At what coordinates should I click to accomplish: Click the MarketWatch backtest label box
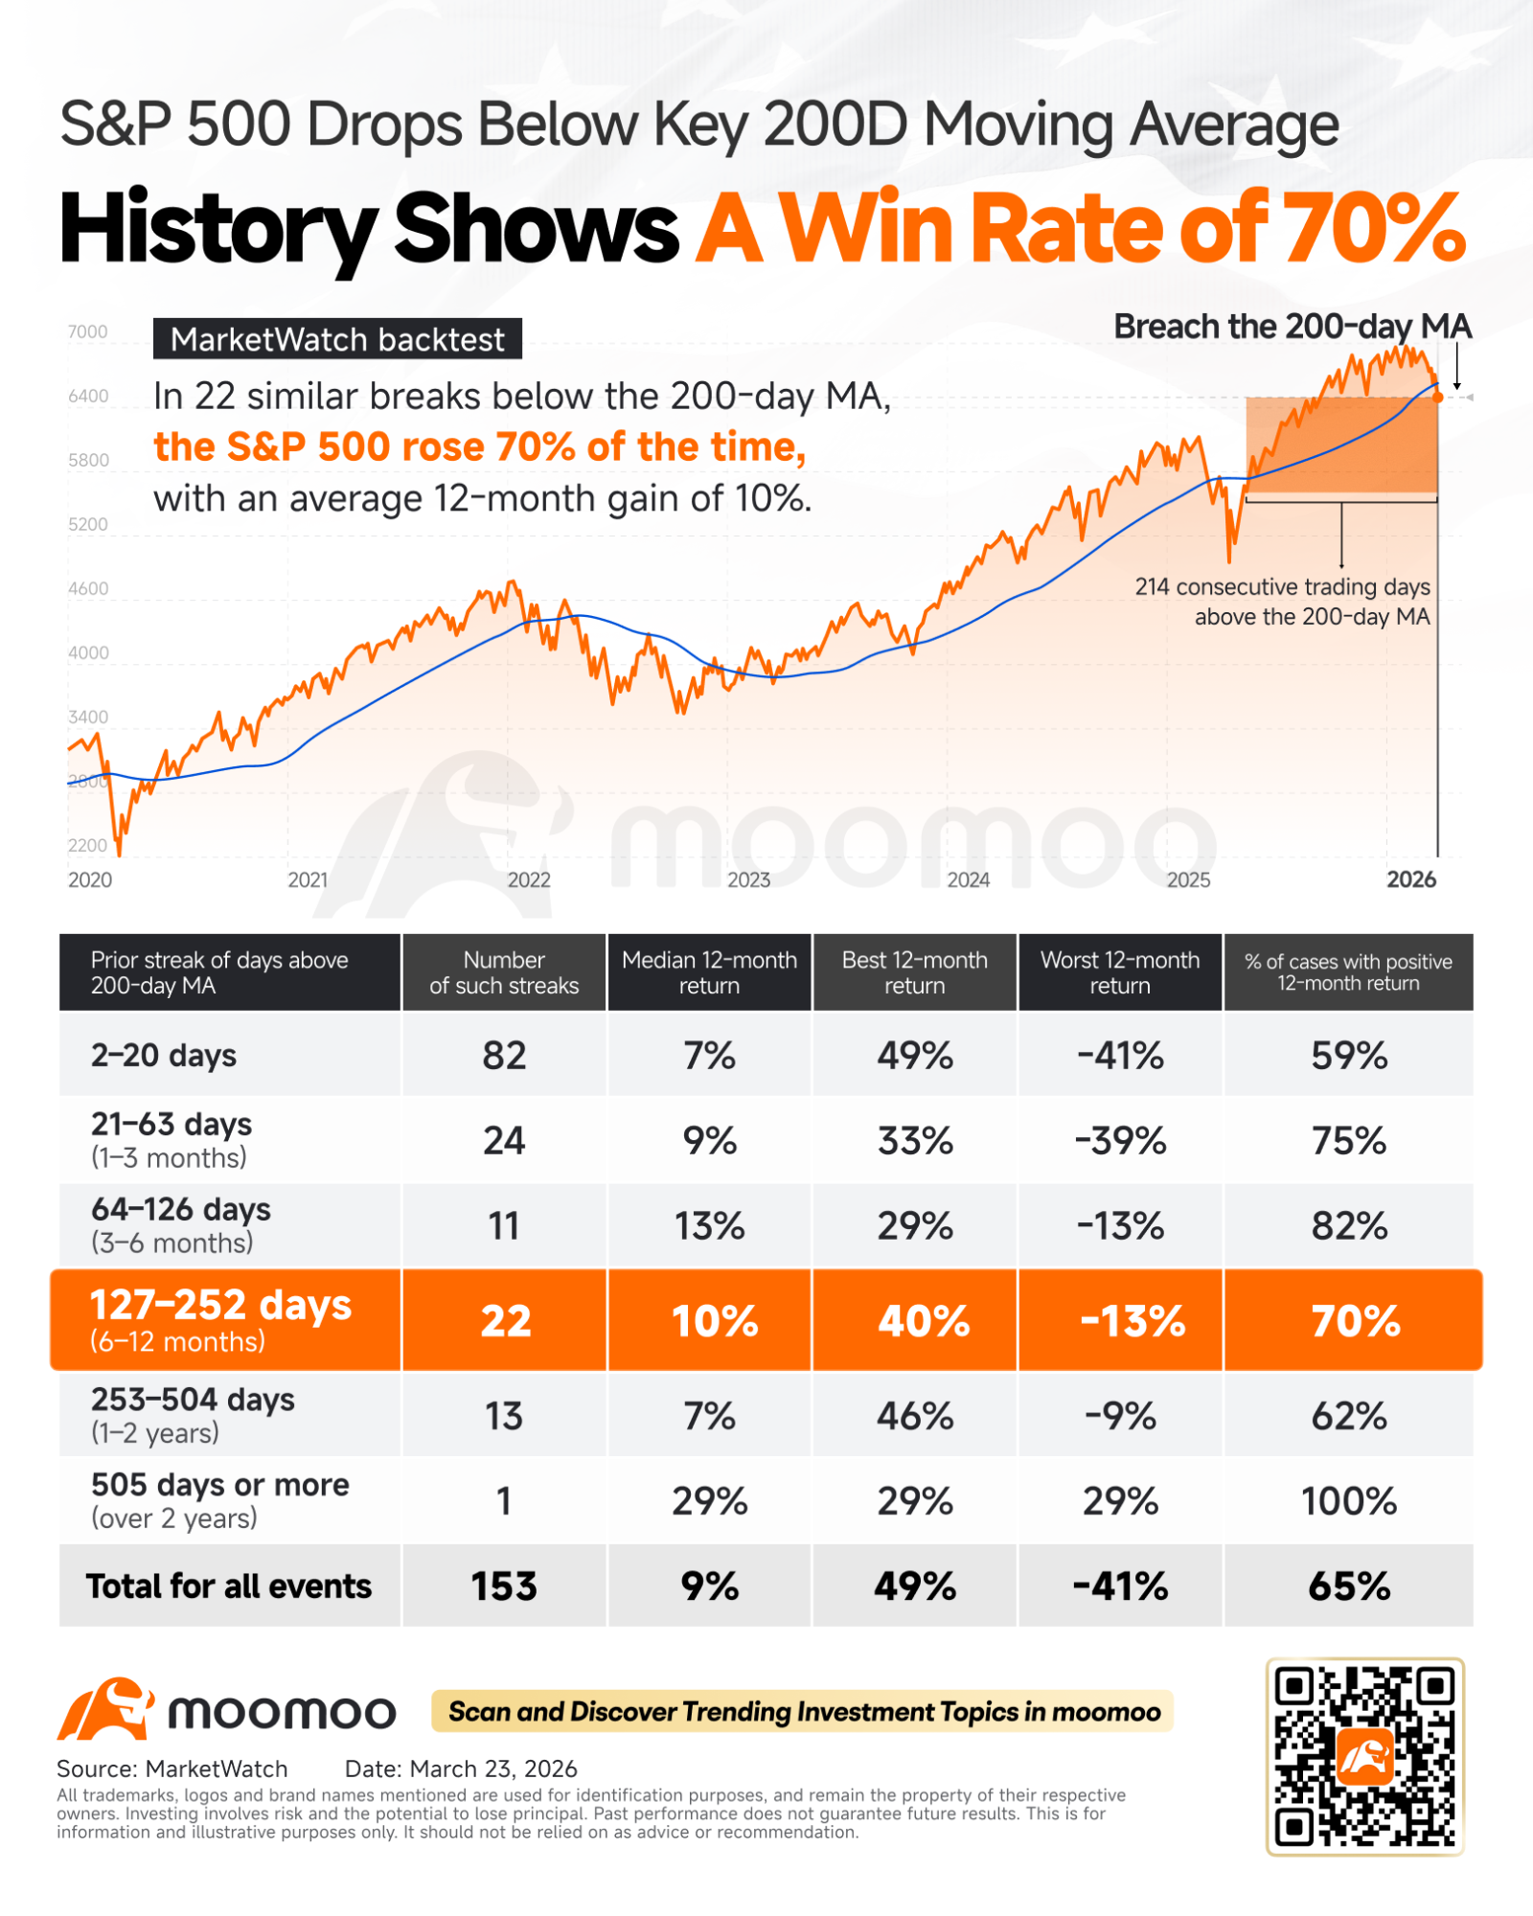(337, 339)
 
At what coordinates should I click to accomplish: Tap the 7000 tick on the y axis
(88, 332)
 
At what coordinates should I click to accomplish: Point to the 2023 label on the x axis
(748, 879)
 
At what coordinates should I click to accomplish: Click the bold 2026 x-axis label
(1411, 879)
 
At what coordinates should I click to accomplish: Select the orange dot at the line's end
(1438, 397)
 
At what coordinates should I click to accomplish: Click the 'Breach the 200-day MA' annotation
(1293, 327)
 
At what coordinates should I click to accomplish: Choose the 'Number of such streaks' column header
(504, 972)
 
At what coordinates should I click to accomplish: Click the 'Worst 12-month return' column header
(1120, 972)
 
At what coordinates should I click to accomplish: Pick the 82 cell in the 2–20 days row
(504, 1056)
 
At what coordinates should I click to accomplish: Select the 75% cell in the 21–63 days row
(1349, 1141)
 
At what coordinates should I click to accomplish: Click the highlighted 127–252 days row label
(221, 1319)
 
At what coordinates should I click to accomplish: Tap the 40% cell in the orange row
(924, 1321)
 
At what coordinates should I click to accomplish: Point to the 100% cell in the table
(1349, 1501)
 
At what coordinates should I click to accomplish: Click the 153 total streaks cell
(504, 1586)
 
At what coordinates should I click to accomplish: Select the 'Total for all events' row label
(229, 1586)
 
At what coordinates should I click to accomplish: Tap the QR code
(1364, 1756)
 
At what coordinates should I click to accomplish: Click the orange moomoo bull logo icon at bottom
(106, 1709)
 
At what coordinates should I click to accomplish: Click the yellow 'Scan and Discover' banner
(803, 1711)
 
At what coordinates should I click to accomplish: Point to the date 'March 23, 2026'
(493, 1768)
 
